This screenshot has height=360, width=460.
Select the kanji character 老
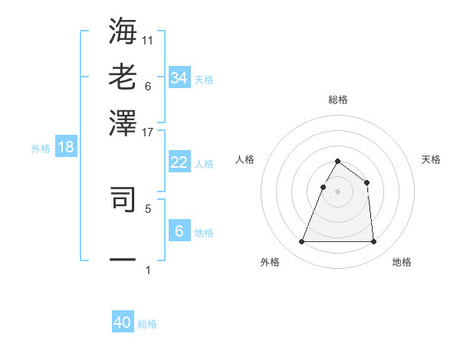(123, 77)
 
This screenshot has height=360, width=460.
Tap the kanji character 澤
(123, 123)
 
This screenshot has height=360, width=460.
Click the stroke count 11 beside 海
(148, 38)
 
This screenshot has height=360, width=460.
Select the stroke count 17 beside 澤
(148, 132)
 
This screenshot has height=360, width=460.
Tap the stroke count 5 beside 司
(148, 208)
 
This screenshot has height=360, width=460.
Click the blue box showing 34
(179, 78)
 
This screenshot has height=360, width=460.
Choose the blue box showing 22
(179, 162)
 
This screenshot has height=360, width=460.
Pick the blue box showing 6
(179, 231)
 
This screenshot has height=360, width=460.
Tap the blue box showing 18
(65, 147)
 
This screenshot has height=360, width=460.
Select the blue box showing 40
(123, 322)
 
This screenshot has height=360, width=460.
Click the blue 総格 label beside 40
(147, 324)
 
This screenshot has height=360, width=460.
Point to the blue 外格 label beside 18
(41, 149)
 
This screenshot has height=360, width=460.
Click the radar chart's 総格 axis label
(337, 100)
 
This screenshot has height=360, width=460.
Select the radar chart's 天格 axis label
(432, 159)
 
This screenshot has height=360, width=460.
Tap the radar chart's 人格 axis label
(245, 159)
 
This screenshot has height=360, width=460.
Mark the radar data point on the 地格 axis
(373, 242)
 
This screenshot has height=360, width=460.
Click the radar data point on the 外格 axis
(301, 242)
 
